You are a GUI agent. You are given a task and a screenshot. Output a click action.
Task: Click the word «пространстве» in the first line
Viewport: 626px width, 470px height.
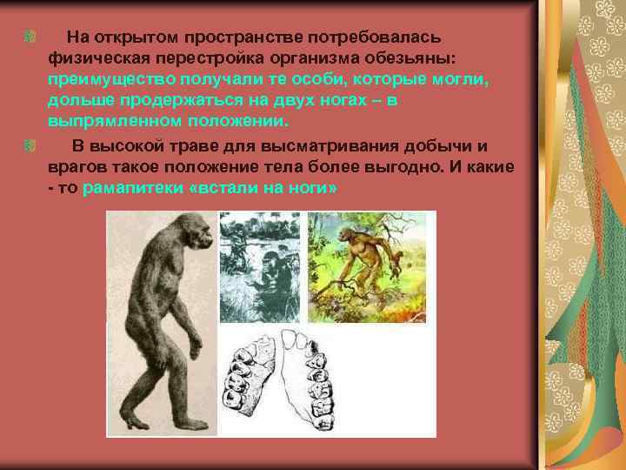(x=230, y=37)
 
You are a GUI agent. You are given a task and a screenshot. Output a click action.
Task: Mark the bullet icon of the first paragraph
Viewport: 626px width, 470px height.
(x=30, y=37)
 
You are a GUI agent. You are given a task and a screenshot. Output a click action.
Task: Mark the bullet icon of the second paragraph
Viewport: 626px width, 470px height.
(x=30, y=144)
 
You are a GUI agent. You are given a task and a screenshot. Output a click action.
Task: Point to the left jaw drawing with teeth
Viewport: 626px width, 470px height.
(x=255, y=378)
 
